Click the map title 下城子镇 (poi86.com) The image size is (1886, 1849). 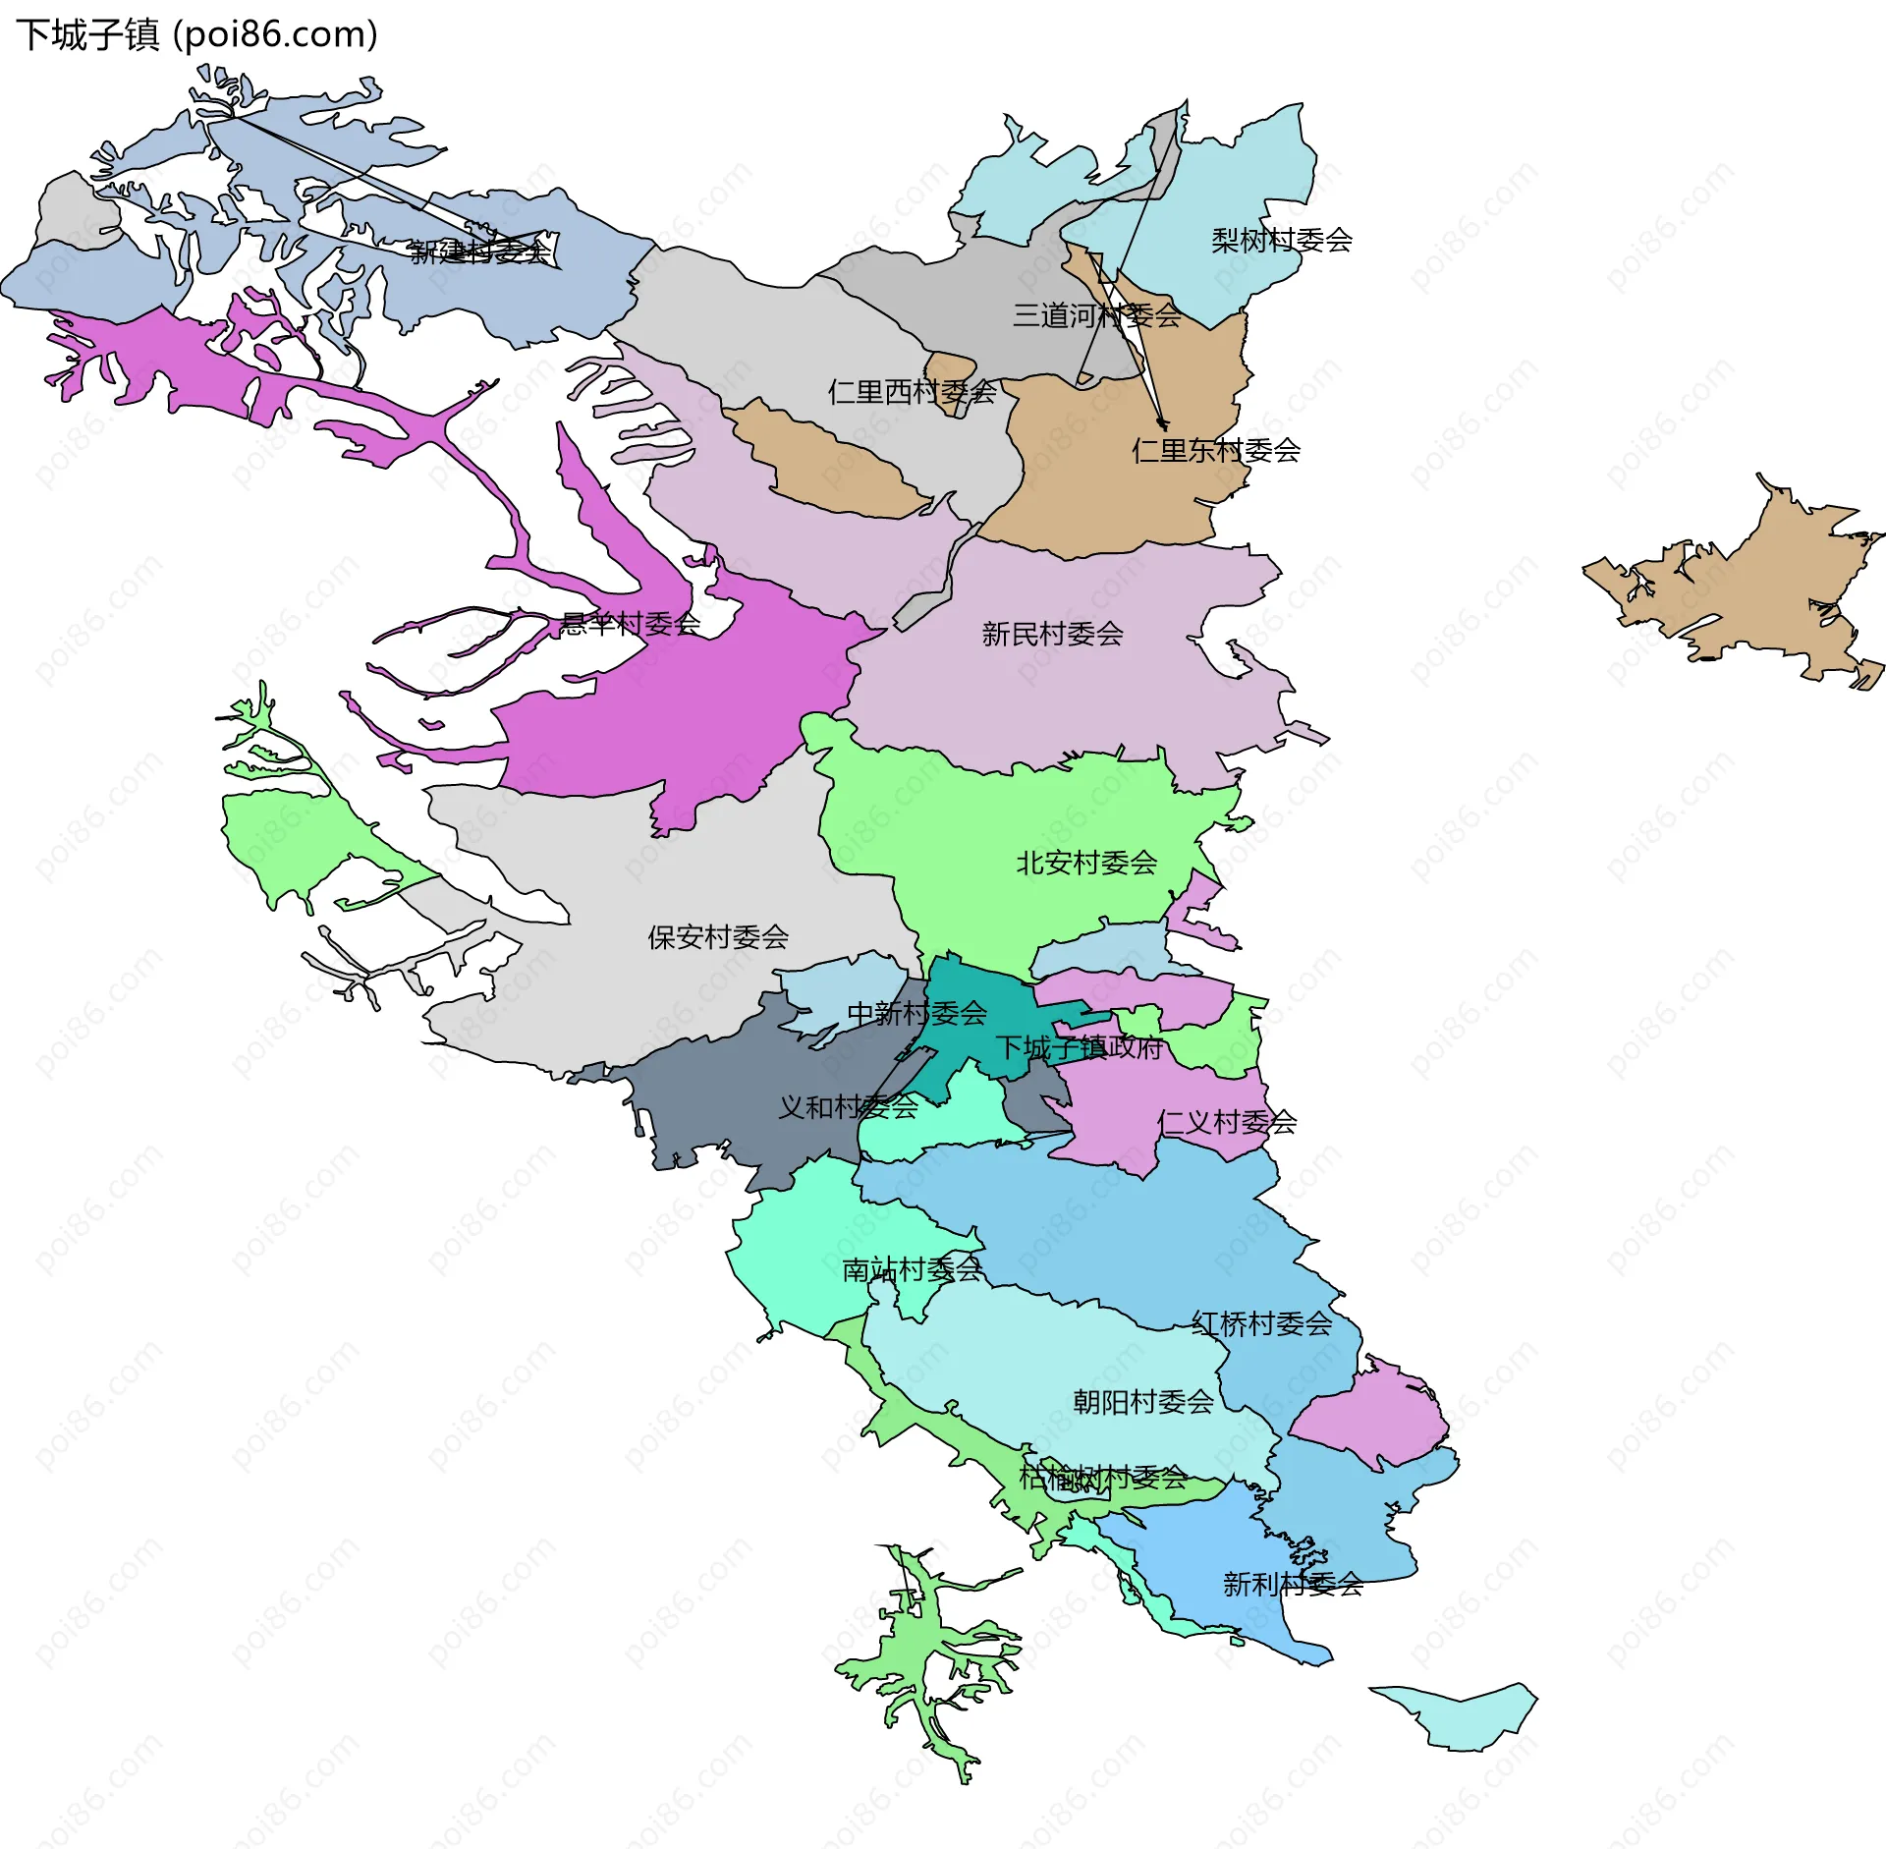[x=196, y=34]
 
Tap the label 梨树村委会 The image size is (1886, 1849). [x=1281, y=240]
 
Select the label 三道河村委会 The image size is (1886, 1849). [x=1096, y=315]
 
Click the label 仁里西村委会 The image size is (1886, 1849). [x=912, y=392]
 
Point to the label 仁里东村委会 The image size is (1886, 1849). [x=1216, y=450]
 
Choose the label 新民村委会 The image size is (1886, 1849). [x=1052, y=634]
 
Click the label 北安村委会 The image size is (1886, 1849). [x=1085, y=863]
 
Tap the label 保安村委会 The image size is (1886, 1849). [x=717, y=936]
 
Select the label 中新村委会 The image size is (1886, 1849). [x=916, y=1013]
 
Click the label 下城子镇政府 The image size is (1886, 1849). [x=1079, y=1047]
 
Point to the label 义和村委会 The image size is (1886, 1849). [x=848, y=1107]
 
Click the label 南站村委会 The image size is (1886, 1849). [x=912, y=1269]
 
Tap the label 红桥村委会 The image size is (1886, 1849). [x=1261, y=1323]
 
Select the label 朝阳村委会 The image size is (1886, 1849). [x=1142, y=1401]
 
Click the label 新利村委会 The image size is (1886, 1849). [x=1293, y=1584]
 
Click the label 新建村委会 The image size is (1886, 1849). [x=480, y=252]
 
